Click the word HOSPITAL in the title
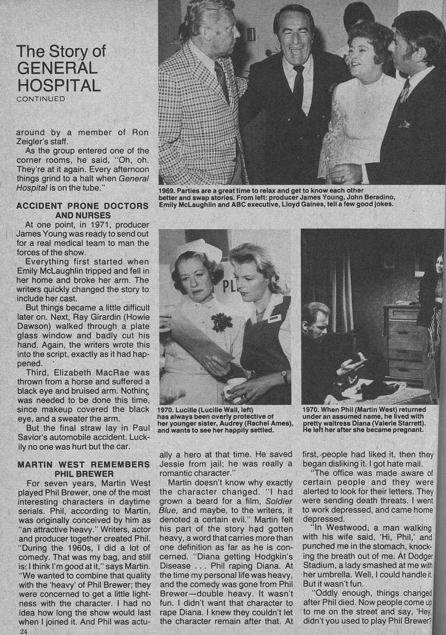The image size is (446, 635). pos(58,85)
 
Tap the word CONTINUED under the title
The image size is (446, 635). pos(41,99)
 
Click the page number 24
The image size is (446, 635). pos(23,631)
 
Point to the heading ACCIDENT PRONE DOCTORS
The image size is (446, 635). pos(82,206)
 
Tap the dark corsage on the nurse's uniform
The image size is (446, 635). pos(222,321)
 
